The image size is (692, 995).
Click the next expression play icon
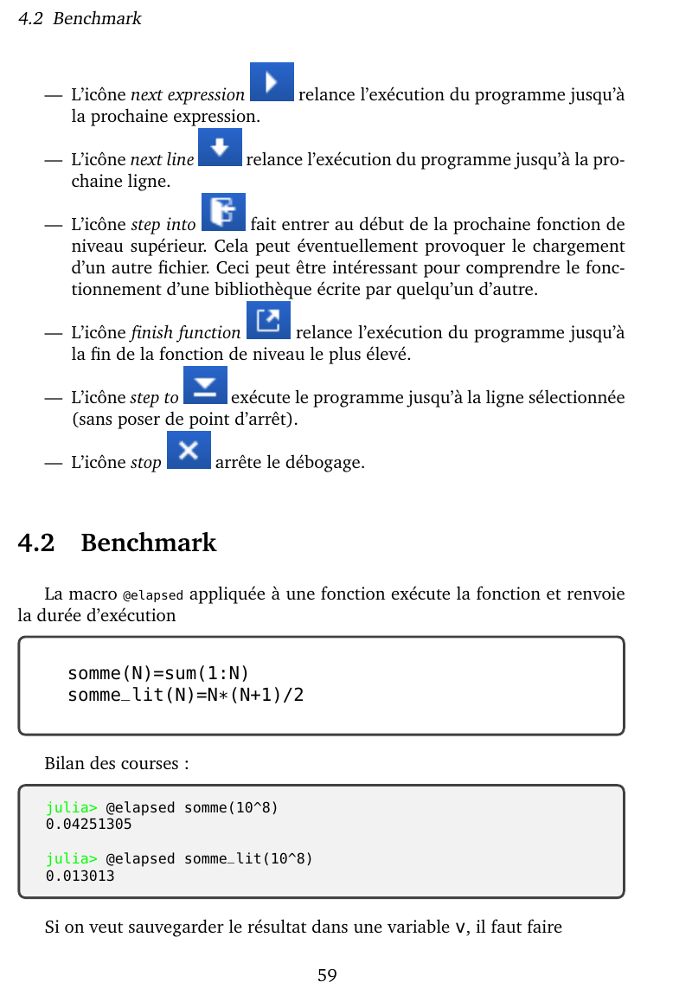click(272, 82)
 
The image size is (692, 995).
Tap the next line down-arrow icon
click(220, 147)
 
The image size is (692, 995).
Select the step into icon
click(223, 212)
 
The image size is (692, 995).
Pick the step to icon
click(206, 385)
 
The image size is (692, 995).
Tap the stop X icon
click(189, 450)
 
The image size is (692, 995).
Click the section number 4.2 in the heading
click(36, 543)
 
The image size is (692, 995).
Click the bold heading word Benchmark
click(148, 543)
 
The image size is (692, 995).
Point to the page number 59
click(327, 976)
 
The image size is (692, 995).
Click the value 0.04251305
click(89, 825)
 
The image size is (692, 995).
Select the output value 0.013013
click(80, 876)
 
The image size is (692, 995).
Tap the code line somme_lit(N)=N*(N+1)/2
click(185, 695)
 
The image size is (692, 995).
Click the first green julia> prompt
click(72, 808)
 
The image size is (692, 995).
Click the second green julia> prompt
click(72, 859)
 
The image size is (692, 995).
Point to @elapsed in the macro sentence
click(153, 596)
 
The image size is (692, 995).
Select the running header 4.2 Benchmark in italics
click(80, 18)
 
